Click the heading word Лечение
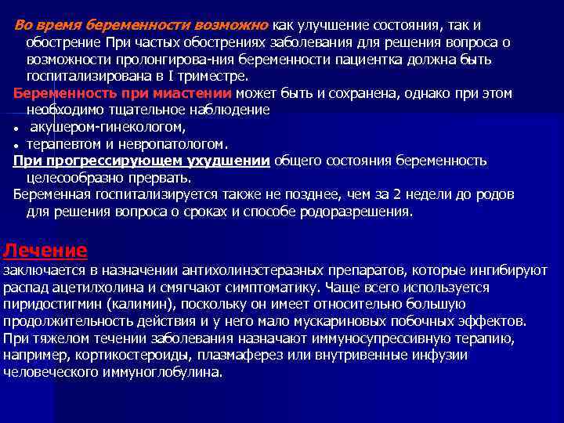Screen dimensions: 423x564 (45, 251)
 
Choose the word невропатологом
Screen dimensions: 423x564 (179, 144)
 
